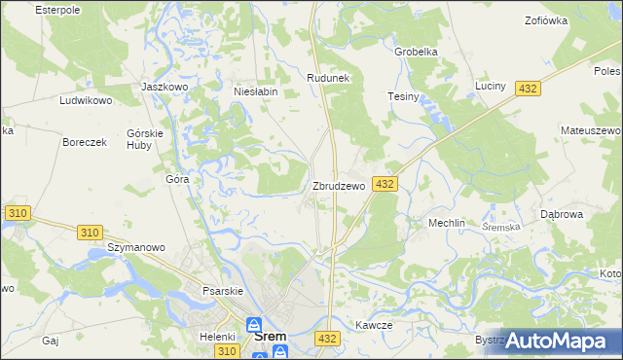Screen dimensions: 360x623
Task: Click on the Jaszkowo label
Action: pyautogui.click(x=164, y=86)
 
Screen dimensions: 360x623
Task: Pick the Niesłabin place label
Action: pyautogui.click(x=256, y=91)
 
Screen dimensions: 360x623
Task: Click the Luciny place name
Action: pyautogui.click(x=491, y=86)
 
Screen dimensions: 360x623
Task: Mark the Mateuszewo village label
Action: pyautogui.click(x=591, y=129)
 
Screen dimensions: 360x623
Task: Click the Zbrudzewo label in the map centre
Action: pyautogui.click(x=338, y=185)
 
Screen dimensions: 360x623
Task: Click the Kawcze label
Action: pyautogui.click(x=373, y=325)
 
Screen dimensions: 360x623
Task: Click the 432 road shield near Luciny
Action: pyautogui.click(x=527, y=89)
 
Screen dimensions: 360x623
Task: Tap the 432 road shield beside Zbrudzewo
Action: pyautogui.click(x=384, y=184)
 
